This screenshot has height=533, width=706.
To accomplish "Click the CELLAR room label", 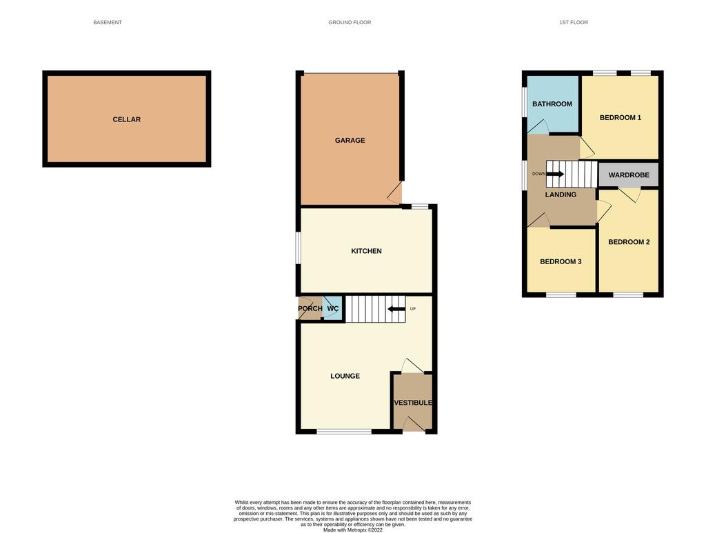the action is click(x=127, y=119).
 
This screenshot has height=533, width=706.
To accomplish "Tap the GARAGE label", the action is click(x=350, y=141).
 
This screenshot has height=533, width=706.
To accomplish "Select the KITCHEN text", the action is click(x=366, y=251).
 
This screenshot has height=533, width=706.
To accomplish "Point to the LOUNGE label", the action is click(x=345, y=376).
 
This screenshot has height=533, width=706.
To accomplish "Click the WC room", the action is click(x=333, y=308).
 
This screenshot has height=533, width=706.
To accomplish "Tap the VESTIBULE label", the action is click(x=413, y=403).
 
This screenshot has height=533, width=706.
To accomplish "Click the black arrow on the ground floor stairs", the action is click(x=396, y=309).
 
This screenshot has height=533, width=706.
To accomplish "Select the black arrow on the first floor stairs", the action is click(x=555, y=174).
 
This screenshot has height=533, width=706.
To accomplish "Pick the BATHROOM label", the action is click(x=552, y=104).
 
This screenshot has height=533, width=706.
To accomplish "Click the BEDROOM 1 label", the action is click(x=620, y=117).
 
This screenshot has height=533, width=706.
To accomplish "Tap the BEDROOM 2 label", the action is click(x=629, y=242).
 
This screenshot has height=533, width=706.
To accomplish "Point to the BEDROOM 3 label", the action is click(x=561, y=261).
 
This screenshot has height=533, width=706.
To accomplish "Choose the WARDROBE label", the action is click(x=629, y=174).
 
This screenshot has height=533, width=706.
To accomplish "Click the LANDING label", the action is click(x=561, y=194).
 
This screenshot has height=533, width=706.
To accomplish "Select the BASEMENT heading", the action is click(x=108, y=22).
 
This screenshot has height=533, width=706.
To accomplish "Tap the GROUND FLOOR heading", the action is click(x=350, y=22).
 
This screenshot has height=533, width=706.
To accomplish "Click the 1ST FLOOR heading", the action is click(x=574, y=22).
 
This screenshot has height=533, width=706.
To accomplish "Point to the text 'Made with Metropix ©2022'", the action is click(x=353, y=530).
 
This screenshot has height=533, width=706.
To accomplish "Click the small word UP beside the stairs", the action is click(x=413, y=309).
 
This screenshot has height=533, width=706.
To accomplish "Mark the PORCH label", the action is click(x=310, y=308).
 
